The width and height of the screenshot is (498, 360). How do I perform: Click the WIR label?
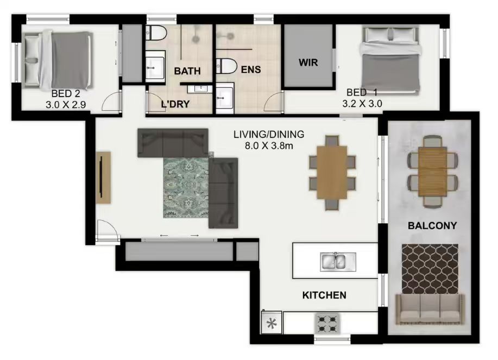point(308,62)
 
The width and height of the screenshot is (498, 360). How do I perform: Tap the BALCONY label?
point(432,226)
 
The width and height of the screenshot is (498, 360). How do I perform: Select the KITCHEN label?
point(324,295)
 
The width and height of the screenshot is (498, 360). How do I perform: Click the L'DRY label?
point(175,104)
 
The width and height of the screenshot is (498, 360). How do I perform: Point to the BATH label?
point(187,71)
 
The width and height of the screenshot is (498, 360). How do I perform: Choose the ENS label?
point(251,70)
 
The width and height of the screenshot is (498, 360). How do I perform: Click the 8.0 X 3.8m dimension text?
point(269,146)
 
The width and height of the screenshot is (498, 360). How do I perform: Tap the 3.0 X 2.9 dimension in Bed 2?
point(66,104)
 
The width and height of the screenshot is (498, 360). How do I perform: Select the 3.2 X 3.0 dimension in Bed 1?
point(362,104)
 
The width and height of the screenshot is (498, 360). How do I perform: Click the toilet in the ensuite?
point(226,66)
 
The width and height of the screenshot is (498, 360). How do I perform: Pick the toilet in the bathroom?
point(156,33)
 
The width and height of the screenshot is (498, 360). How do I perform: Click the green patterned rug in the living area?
point(186,187)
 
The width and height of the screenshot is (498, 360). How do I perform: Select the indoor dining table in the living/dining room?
point(332,173)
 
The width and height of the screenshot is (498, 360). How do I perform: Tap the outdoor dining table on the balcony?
point(433,172)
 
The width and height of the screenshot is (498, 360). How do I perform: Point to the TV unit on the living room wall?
point(104,178)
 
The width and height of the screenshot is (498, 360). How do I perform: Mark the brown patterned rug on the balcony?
point(430,269)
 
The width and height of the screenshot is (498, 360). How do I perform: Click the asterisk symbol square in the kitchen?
point(271,323)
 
